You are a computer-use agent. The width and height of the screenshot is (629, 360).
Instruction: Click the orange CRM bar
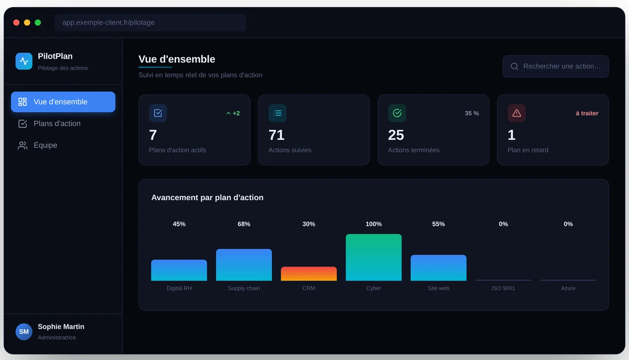pyautogui.click(x=309, y=274)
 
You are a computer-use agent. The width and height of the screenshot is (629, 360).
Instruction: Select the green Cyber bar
pyautogui.click(x=373, y=257)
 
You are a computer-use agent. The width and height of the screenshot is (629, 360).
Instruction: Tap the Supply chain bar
pyautogui.click(x=244, y=265)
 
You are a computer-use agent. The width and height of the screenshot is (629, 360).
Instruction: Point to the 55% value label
pyautogui.click(x=439, y=224)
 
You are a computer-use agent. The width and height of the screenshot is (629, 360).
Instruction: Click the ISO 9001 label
pyautogui.click(x=503, y=288)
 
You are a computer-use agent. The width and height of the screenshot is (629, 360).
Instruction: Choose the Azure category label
pyautogui.click(x=568, y=288)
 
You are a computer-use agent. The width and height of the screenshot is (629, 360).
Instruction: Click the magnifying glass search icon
pyautogui.click(x=514, y=66)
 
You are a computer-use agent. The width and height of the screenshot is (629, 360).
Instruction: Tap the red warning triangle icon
pyautogui.click(x=517, y=113)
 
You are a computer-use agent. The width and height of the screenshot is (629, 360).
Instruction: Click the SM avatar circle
pyautogui.click(x=24, y=332)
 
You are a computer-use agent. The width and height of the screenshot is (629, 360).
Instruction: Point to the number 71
pyautogui.click(x=276, y=135)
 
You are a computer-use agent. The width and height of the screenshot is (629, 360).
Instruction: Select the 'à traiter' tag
pyautogui.click(x=587, y=113)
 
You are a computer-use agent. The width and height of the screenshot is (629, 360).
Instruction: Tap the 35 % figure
pyautogui.click(x=472, y=113)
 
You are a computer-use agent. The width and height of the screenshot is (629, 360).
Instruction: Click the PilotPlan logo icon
pyautogui.click(x=24, y=61)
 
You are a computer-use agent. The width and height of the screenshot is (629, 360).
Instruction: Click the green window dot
pyautogui.click(x=38, y=22)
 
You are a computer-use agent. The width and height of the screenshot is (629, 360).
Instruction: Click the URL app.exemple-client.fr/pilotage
pyautogui.click(x=108, y=22)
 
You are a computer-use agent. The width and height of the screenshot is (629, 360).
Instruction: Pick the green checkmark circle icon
pyautogui.click(x=397, y=113)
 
